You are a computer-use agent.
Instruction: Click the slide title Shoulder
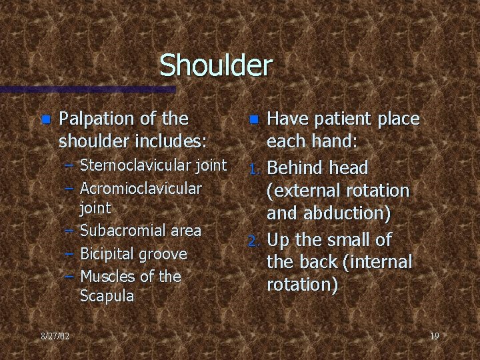tap(216, 65)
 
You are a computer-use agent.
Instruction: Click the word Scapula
tap(107, 295)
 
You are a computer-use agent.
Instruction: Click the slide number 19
tap(434, 336)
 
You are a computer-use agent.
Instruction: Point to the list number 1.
tap(253, 167)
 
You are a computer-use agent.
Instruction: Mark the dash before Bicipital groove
tap(69, 254)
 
